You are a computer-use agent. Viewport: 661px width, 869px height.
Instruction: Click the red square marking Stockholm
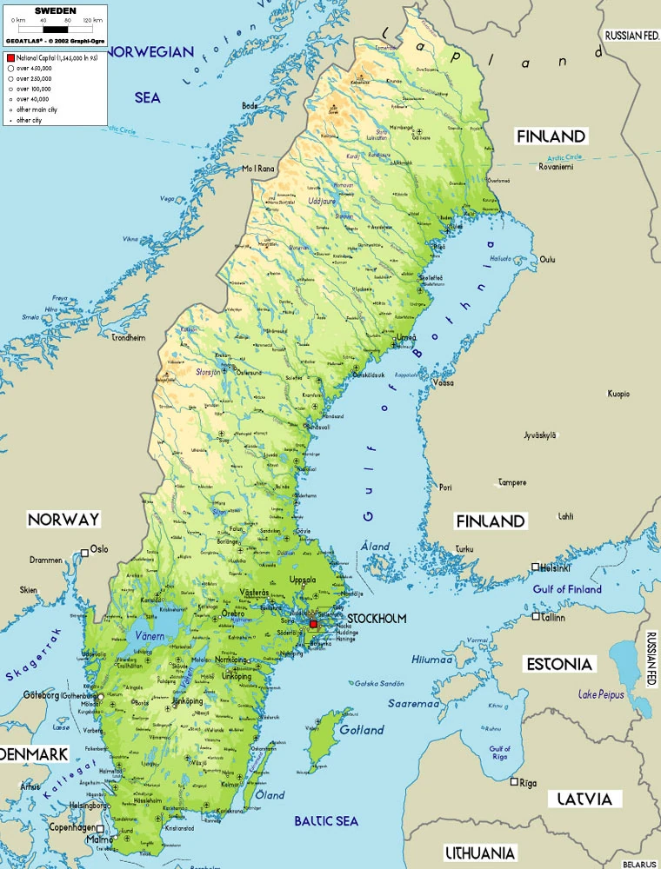pos(314,624)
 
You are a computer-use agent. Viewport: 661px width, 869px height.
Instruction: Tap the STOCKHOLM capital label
pos(376,619)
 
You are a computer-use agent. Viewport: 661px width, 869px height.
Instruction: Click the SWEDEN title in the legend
pos(54,10)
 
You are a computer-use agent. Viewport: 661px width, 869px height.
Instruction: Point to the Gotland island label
pos(362,730)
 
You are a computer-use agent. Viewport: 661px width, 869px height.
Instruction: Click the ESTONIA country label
pos(560,665)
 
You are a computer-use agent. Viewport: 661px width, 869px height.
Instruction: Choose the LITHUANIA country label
pos(480,852)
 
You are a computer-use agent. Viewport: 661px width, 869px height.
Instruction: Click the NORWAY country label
pos(63,520)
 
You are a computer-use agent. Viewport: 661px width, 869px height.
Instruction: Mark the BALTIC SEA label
pos(325,821)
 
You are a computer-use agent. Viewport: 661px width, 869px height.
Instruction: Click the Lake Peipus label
pos(601,694)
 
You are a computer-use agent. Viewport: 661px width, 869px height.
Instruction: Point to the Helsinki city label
pos(555,568)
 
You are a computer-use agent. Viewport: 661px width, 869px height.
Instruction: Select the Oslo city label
pos(99,549)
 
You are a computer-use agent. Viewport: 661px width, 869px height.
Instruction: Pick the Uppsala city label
pos(302,580)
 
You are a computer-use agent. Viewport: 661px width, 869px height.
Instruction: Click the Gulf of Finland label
pos(567,589)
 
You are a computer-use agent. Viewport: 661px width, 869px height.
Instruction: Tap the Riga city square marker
pos(515,781)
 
